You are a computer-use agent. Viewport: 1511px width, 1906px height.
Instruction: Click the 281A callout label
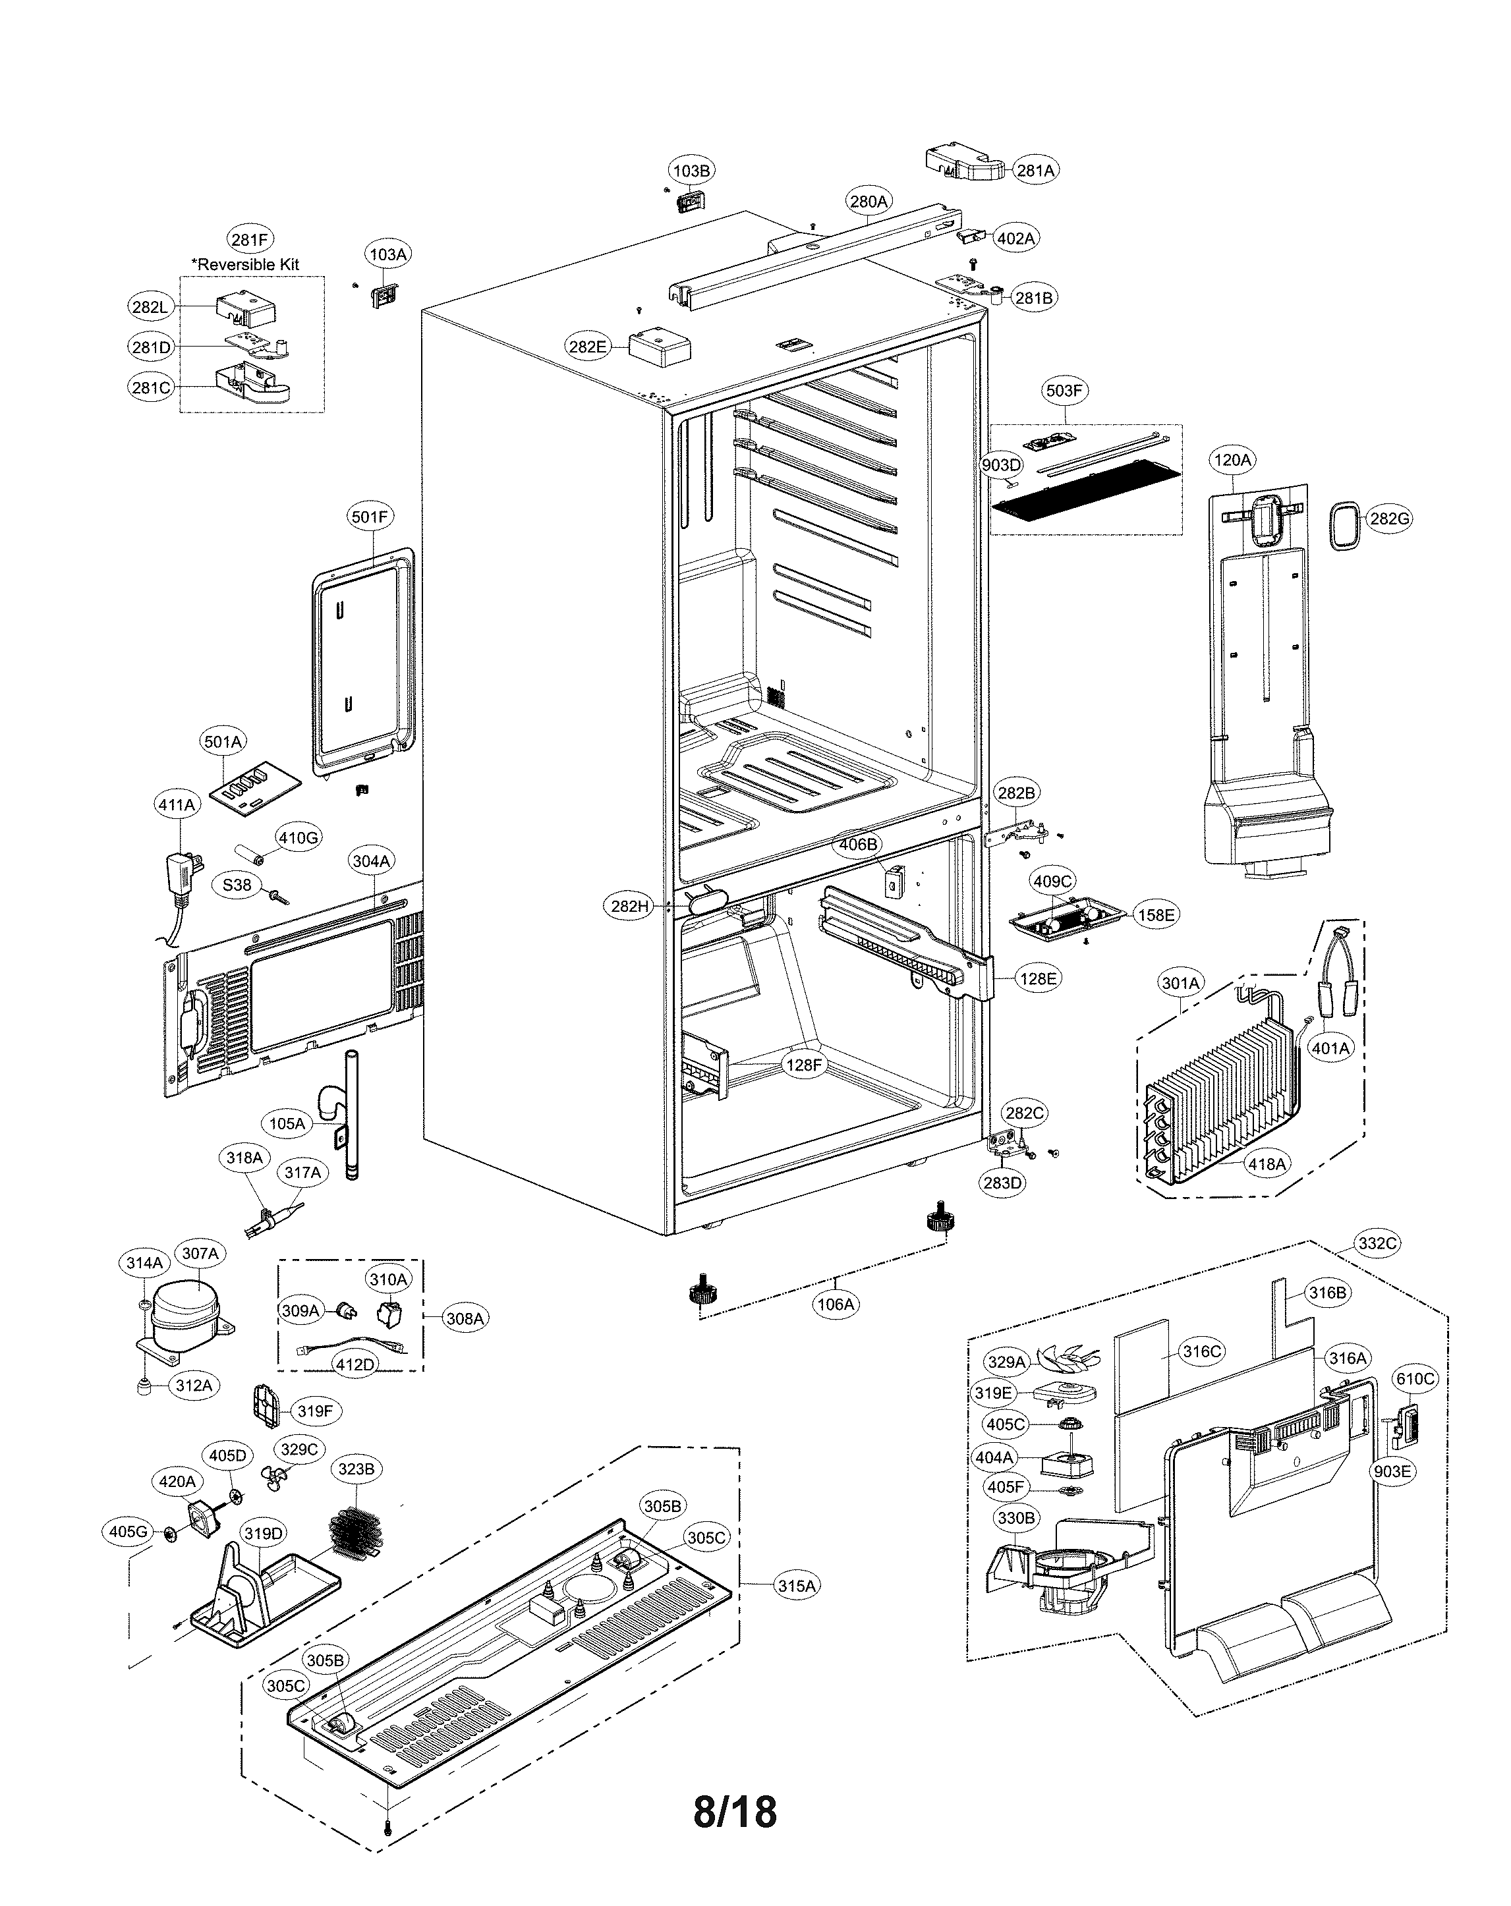pos(1035,170)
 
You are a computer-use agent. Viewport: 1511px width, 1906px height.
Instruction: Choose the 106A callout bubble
pos(836,1303)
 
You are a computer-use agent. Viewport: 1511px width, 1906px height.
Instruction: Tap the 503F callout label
pos(1064,390)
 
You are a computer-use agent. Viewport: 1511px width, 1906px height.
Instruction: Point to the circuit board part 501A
pos(254,786)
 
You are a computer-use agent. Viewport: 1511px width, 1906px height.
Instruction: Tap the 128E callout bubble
pos(1038,978)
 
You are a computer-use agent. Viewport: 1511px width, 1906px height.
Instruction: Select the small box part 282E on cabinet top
pos(658,347)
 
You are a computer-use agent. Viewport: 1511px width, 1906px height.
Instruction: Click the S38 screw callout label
pos(236,885)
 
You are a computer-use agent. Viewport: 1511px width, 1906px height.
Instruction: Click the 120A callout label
pos(1232,460)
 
